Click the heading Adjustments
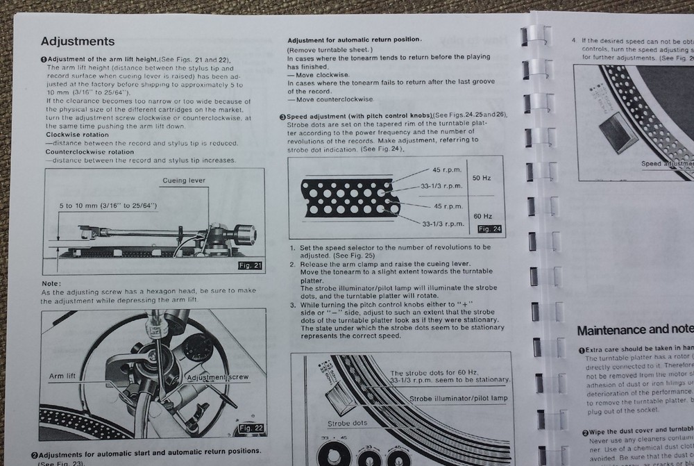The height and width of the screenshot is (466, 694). coord(78,42)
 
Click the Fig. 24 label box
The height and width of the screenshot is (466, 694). coord(490,228)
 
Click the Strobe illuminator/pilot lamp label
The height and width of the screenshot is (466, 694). coord(459,398)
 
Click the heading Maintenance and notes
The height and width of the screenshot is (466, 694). coord(634,330)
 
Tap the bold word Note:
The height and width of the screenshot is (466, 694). coord(51,283)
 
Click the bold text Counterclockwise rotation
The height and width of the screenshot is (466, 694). coord(90,151)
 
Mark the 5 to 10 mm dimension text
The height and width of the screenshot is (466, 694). coord(108,206)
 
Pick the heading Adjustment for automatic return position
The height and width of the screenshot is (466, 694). coord(354,40)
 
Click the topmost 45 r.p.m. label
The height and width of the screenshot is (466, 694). coord(447,170)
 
